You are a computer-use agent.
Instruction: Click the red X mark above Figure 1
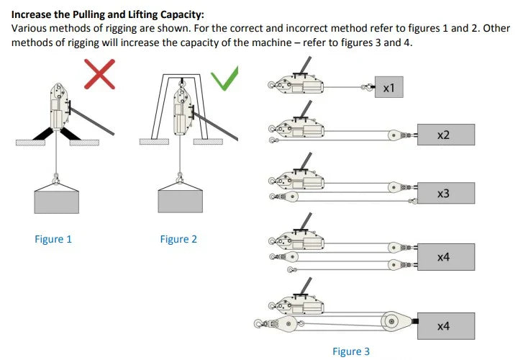click(x=100, y=74)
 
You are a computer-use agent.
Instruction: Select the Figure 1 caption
click(x=53, y=239)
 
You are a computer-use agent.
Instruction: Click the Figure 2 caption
click(x=178, y=239)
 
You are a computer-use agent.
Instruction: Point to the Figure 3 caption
click(x=351, y=351)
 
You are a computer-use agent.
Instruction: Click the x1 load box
click(x=388, y=88)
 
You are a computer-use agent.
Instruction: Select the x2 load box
click(x=443, y=135)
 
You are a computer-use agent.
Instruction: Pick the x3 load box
click(x=443, y=193)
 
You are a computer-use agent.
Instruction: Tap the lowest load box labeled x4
click(x=443, y=325)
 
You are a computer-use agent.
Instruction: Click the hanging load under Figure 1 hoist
click(x=56, y=199)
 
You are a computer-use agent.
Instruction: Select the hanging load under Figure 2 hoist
click(x=180, y=199)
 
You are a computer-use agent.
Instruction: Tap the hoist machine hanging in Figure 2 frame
click(x=181, y=112)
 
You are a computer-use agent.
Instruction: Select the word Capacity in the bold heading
click(x=181, y=14)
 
